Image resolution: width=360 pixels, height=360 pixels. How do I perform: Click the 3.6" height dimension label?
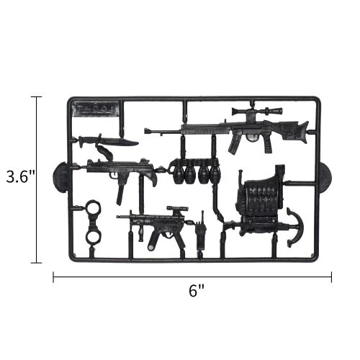(x=20, y=177)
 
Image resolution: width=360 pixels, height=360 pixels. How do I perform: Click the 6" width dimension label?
(x=197, y=291)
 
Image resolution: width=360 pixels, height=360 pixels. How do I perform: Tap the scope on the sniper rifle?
(x=257, y=112)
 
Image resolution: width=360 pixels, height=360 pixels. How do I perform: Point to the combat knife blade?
(x=120, y=142)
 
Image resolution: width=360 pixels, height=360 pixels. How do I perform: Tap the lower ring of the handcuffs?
(x=93, y=236)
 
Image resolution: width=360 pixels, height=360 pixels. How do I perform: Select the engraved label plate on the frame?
(x=96, y=109)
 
